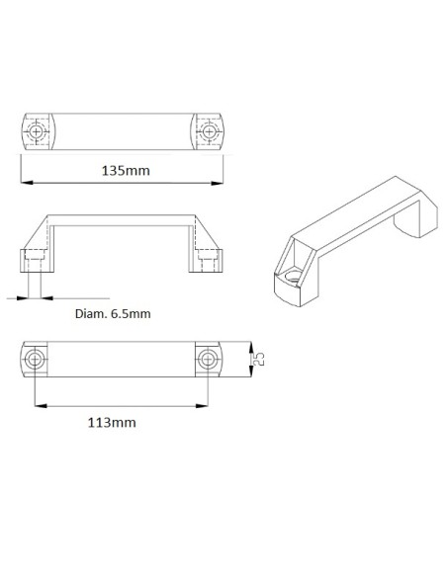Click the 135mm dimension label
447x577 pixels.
pyautogui.click(x=126, y=170)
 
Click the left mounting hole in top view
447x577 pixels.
pyautogui.click(x=37, y=130)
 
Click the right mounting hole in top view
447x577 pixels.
pyautogui.click(x=209, y=130)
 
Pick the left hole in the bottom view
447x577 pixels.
pyautogui.click(x=36, y=359)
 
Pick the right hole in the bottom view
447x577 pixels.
pyautogui.click(x=208, y=359)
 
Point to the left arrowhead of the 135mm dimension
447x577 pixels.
pyautogui.click(x=24, y=183)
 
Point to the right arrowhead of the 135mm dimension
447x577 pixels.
pyautogui.click(x=220, y=183)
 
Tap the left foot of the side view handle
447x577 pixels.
pyautogui.click(x=34, y=261)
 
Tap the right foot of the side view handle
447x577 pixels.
pyautogui.click(x=209, y=261)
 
